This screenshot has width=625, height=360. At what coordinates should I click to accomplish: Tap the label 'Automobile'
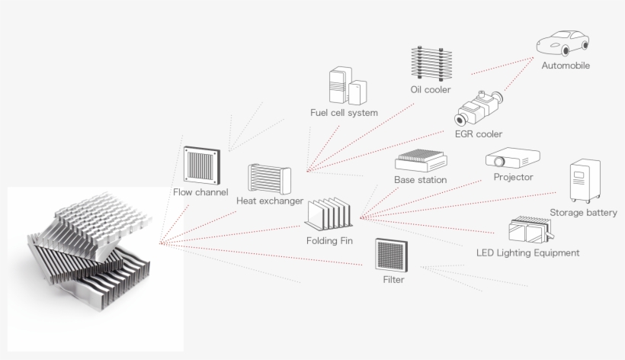tap(566, 66)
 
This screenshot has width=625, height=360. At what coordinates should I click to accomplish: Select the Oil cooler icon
tap(427, 64)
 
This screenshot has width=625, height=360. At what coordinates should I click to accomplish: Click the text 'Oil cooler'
tap(431, 90)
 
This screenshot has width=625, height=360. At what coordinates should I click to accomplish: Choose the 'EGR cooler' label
tap(479, 134)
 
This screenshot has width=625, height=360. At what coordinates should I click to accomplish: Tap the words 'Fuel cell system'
tap(344, 113)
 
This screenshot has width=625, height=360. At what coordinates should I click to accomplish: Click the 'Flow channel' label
tap(200, 192)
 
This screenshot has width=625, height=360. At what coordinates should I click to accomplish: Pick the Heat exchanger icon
tap(269, 179)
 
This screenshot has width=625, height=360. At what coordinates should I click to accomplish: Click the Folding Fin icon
tap(329, 214)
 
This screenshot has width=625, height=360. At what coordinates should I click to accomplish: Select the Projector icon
tap(512, 159)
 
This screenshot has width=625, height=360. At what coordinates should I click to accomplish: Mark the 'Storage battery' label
tap(583, 213)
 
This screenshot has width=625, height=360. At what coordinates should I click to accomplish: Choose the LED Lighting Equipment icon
tap(527, 230)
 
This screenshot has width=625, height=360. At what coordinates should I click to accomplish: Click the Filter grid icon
tap(392, 255)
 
